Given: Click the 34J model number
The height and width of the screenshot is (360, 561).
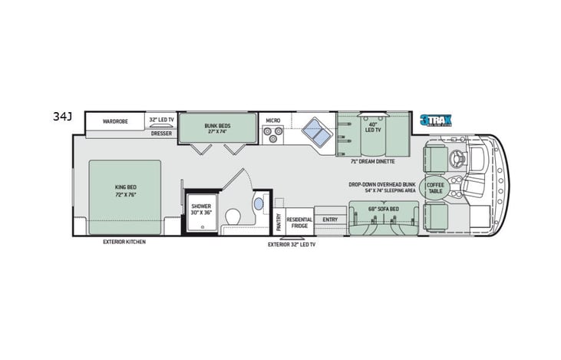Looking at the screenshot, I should (x=62, y=117).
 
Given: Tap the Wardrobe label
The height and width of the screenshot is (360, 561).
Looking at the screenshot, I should (x=114, y=121).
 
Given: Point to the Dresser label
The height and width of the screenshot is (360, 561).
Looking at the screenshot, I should (x=161, y=133).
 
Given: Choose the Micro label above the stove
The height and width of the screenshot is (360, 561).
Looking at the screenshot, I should (x=272, y=121).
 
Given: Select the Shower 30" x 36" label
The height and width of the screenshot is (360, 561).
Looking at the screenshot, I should (x=202, y=211).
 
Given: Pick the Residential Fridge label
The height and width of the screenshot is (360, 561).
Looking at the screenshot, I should (x=299, y=223).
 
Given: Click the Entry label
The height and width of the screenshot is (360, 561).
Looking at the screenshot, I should (x=330, y=220).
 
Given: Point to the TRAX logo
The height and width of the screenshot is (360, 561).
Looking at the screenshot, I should (x=436, y=120).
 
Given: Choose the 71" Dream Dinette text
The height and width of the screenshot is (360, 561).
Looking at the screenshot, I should (x=371, y=162).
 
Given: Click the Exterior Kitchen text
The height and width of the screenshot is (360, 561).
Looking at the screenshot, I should (x=124, y=241).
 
